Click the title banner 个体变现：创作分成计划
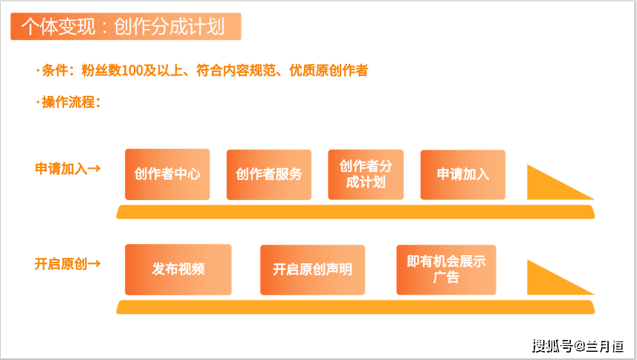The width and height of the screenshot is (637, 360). pyautogui.click(x=126, y=27)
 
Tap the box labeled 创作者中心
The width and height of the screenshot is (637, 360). pyautogui.click(x=167, y=174)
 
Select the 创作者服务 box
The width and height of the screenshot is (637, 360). pyautogui.click(x=269, y=175)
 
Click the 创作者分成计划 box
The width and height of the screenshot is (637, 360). pyautogui.click(x=366, y=175)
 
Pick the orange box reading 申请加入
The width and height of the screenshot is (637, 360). pyautogui.click(x=463, y=175)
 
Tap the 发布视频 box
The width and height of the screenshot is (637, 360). pyautogui.click(x=178, y=269)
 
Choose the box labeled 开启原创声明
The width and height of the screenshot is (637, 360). pyautogui.click(x=312, y=270)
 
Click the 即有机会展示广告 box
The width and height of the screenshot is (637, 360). pyautogui.click(x=446, y=270)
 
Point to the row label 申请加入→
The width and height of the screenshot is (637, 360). pyautogui.click(x=68, y=168)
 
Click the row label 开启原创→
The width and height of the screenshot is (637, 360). pyautogui.click(x=68, y=264)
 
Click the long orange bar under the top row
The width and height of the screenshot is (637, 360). pyautogui.click(x=355, y=212)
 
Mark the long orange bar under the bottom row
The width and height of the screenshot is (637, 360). pyautogui.click(x=355, y=307)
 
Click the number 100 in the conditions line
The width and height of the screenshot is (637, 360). pyautogui.click(x=132, y=71)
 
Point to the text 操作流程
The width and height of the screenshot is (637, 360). pyautogui.click(x=68, y=102)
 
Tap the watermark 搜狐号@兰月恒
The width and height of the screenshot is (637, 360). pyautogui.click(x=578, y=346)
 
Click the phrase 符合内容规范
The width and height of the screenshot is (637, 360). pyautogui.click(x=236, y=71)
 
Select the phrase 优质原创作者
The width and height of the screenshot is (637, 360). pyautogui.click(x=329, y=71)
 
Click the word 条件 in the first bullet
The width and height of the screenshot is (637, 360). pyautogui.click(x=55, y=71)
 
